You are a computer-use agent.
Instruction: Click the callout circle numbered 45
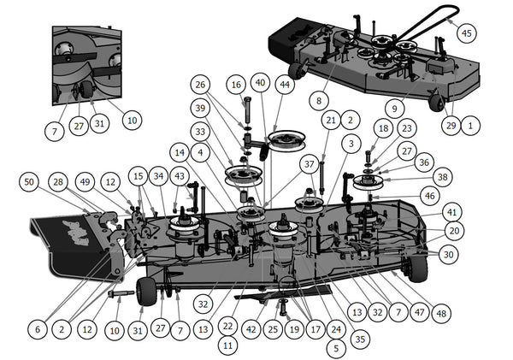point(465,32)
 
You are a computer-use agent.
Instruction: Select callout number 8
point(318,99)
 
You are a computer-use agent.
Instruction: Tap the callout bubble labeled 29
point(450,125)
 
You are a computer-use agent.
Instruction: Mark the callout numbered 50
point(30,182)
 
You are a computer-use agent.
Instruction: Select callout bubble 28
point(58,182)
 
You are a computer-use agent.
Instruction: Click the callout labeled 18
point(383,128)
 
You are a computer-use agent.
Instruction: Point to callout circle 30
point(447,254)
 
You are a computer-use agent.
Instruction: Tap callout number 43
point(179,175)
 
